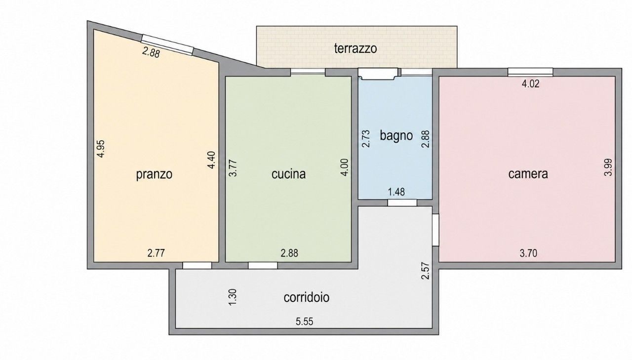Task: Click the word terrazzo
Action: [x=355, y=48]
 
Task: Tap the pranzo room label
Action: [x=154, y=174]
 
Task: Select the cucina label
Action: [x=288, y=174]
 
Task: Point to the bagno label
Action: [x=396, y=136]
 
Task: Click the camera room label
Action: [x=528, y=174]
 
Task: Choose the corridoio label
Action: [x=307, y=297]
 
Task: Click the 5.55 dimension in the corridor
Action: [x=305, y=321]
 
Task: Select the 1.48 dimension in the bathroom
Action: [x=396, y=192]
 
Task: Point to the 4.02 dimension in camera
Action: [x=530, y=84]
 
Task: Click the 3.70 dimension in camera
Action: [x=528, y=253]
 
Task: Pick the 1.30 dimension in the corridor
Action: [x=233, y=297]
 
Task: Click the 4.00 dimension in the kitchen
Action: [x=345, y=167]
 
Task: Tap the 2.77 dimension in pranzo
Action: [x=156, y=253]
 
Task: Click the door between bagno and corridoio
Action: [x=402, y=202]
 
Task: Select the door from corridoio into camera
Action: [x=435, y=230]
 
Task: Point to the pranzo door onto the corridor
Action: [x=197, y=266]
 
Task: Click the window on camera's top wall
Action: [x=530, y=72]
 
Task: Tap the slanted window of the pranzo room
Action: [x=167, y=44]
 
